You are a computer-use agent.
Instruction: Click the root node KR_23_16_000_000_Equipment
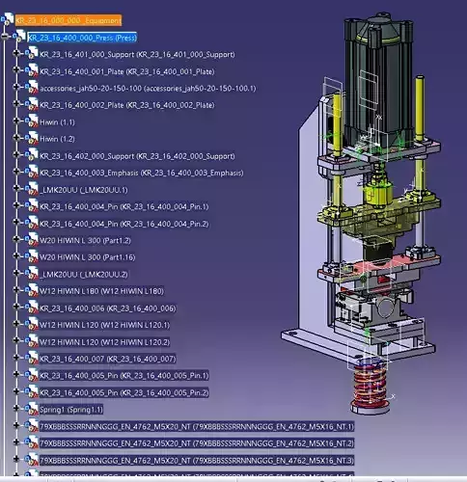tap(68, 20)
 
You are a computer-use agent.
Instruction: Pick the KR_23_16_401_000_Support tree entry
tap(126, 54)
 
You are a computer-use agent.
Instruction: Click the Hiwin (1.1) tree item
tap(57, 122)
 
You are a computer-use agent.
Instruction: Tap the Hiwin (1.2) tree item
tap(57, 139)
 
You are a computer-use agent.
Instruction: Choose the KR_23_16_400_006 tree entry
tap(107, 308)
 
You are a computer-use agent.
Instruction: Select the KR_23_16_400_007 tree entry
tap(107, 359)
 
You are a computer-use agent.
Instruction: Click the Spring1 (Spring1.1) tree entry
tap(71, 409)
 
